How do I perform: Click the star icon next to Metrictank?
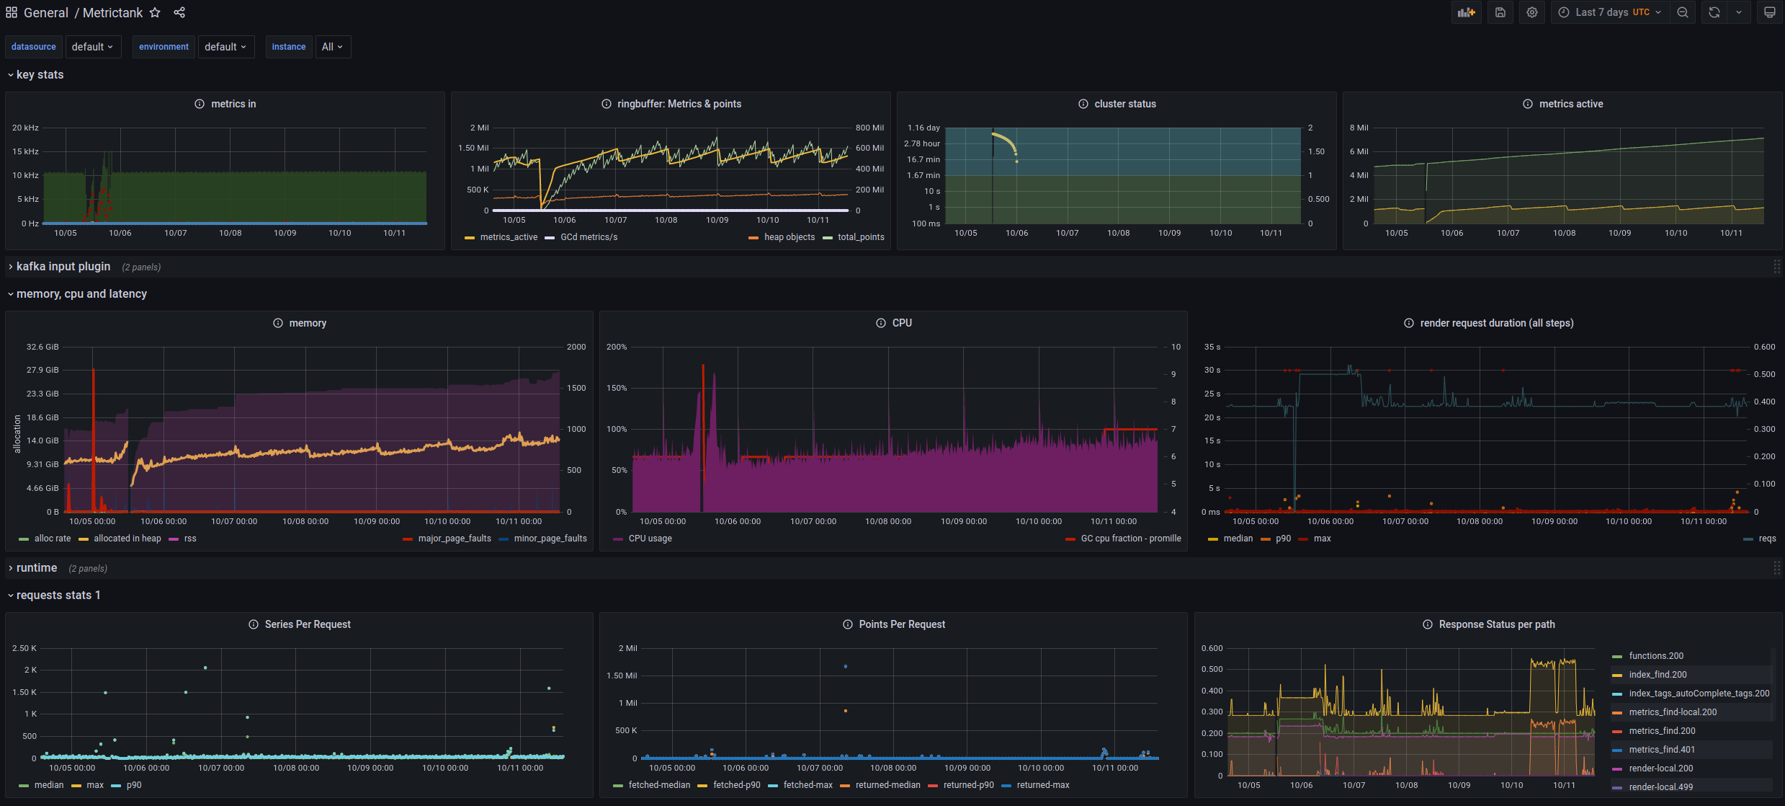tap(155, 12)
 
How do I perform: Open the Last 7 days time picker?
tap(1610, 12)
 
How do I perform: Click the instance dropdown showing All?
tap(332, 47)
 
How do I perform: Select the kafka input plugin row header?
tap(63, 267)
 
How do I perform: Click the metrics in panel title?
tap(233, 104)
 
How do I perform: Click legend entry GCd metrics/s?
tap(588, 237)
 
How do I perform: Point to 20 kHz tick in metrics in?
tap(25, 128)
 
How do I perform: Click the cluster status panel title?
tap(1124, 104)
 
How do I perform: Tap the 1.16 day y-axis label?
tap(923, 128)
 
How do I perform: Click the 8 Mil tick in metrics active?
tap(1359, 128)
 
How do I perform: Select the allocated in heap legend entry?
tap(127, 539)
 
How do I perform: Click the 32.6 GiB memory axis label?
tap(42, 347)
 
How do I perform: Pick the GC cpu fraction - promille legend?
tap(1130, 539)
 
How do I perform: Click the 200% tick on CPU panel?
tap(617, 347)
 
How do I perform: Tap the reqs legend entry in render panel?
tap(1766, 539)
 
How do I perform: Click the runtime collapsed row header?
tap(37, 568)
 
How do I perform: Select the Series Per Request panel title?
tap(308, 624)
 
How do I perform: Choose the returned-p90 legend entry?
tap(968, 785)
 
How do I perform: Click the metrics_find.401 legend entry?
tap(1661, 750)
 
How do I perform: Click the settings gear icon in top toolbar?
tap(1532, 12)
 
